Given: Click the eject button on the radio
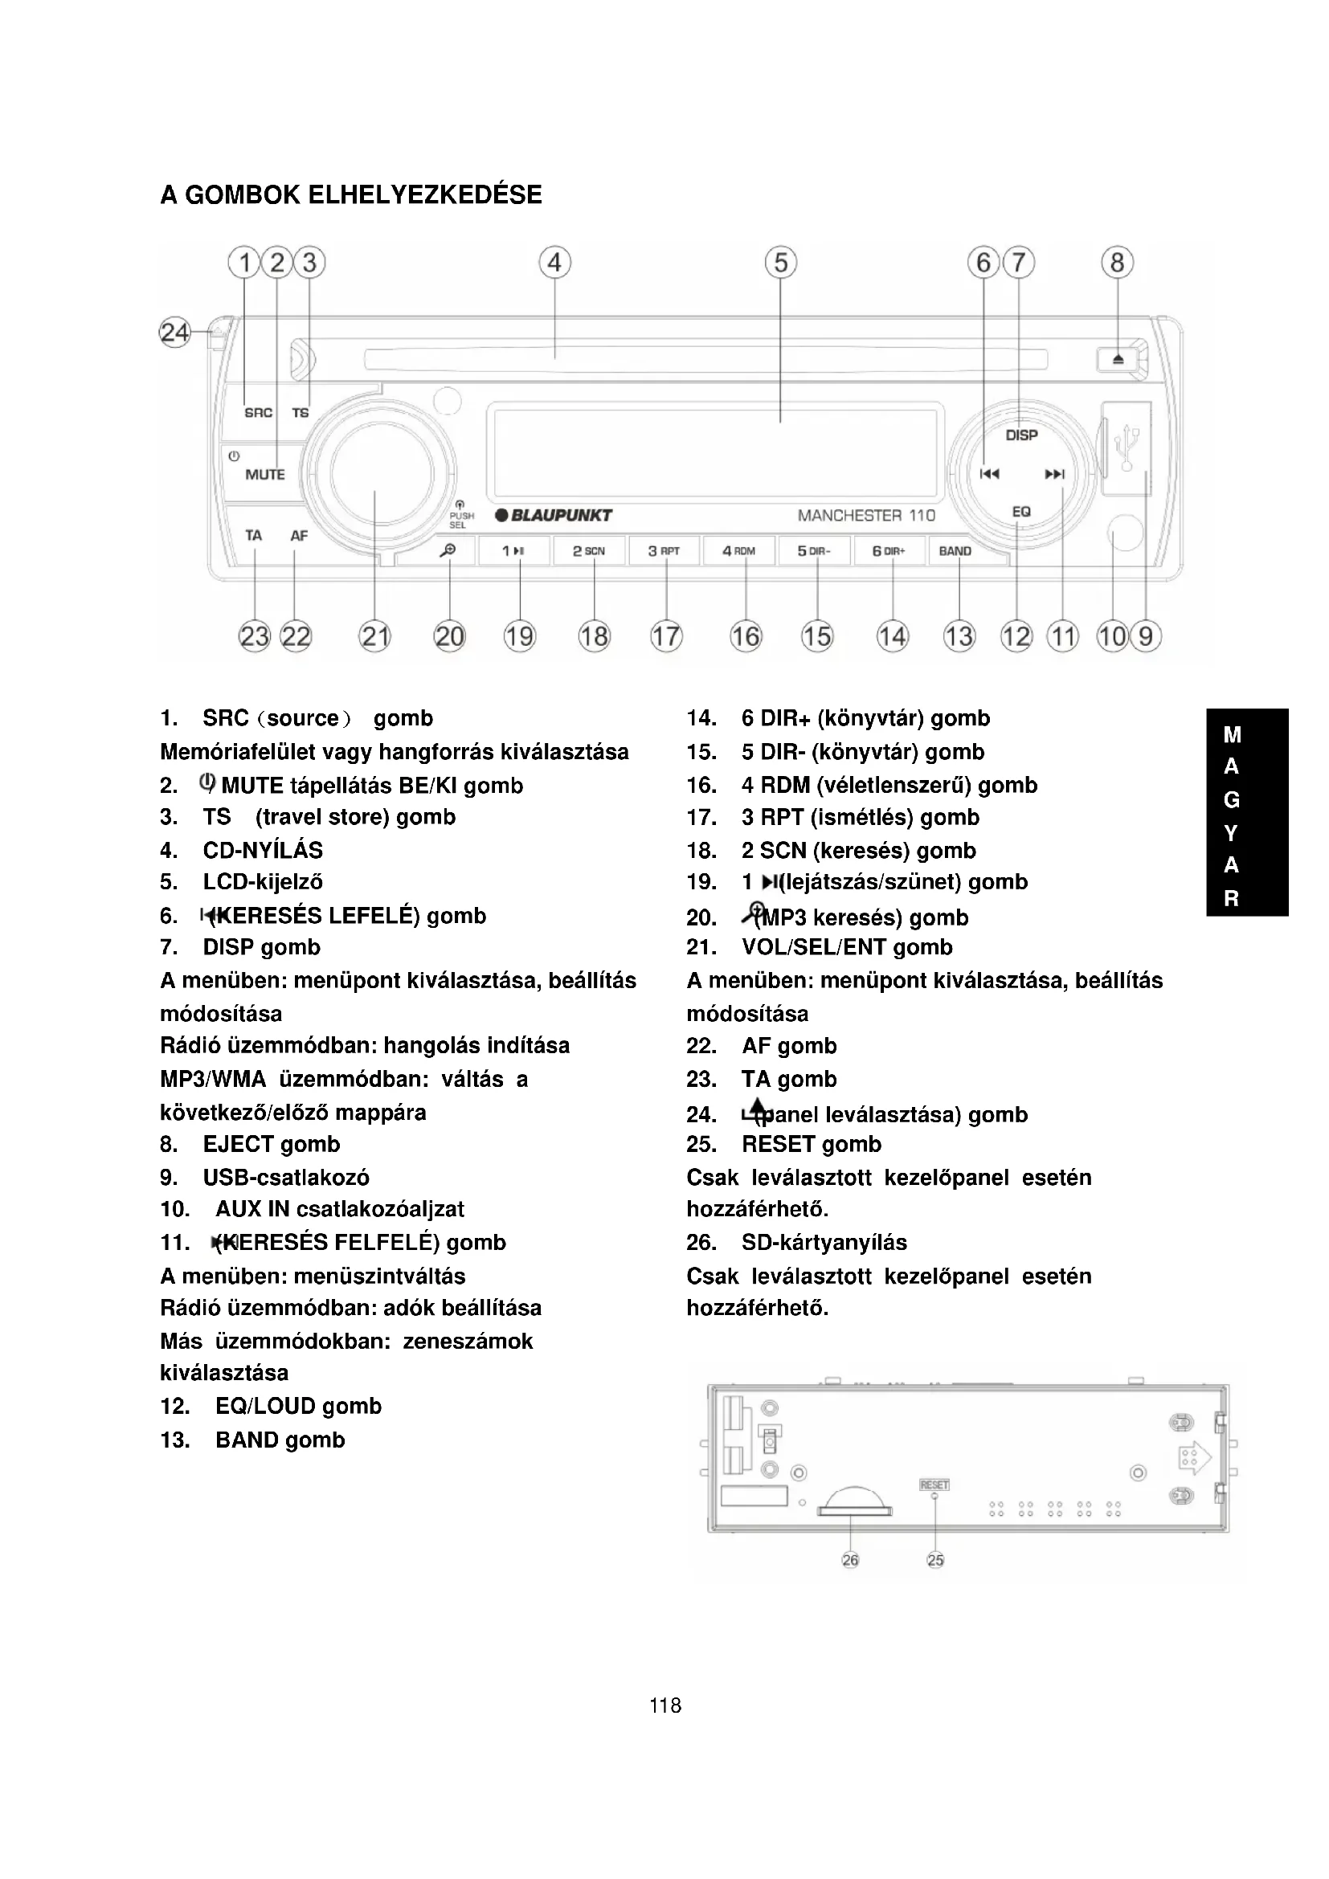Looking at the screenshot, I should click(1118, 359).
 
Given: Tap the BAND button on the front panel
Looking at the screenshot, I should click(955, 551).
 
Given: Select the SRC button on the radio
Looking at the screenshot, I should click(259, 412).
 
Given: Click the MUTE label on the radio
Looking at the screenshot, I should click(265, 475).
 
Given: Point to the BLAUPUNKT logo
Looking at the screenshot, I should click(554, 516).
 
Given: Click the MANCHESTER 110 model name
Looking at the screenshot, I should click(866, 516).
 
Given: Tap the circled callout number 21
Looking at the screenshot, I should click(374, 636).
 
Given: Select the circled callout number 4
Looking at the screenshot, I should click(555, 263).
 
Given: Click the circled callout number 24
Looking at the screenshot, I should click(174, 333).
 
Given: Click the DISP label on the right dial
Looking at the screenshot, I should click(1021, 435).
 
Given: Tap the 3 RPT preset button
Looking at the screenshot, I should click(664, 551).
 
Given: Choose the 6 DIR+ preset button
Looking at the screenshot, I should click(888, 551).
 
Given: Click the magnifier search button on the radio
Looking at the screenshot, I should click(448, 551).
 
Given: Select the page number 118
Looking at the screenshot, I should click(664, 1705).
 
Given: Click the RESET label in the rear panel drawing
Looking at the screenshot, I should click(934, 1485).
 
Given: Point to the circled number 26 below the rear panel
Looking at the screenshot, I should click(850, 1560).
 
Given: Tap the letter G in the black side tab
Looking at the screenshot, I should click(1231, 799).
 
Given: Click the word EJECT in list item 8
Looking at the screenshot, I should click(238, 1144).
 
